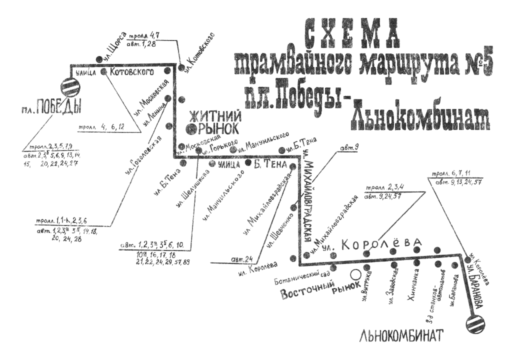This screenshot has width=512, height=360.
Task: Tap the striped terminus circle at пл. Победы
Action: (x=69, y=88)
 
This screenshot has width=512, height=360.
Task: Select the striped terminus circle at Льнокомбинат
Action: (x=474, y=324)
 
